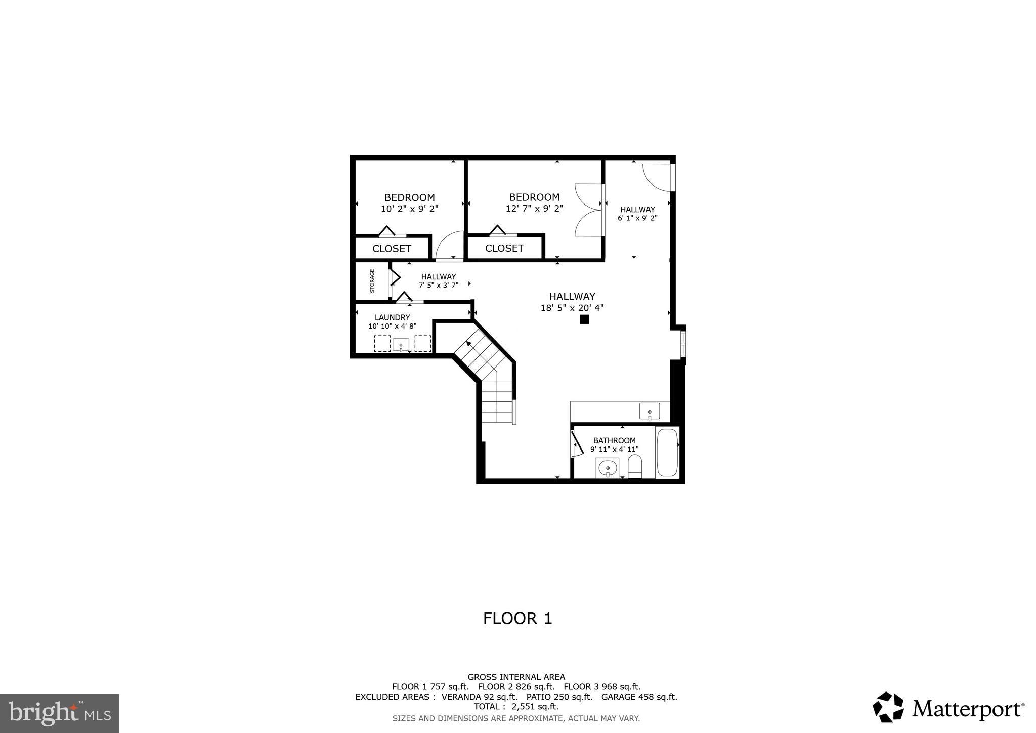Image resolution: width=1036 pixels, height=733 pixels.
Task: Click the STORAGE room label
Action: click(372, 281)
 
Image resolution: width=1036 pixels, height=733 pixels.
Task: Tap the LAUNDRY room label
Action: click(392, 317)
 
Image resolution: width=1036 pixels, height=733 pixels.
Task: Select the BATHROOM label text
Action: click(614, 440)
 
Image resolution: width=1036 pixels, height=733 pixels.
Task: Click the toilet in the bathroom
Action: click(634, 466)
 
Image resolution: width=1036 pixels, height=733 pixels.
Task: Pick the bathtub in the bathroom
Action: click(667, 452)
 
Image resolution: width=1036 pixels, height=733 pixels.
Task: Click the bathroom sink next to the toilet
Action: click(607, 468)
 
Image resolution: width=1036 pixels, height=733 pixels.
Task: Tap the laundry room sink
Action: click(401, 345)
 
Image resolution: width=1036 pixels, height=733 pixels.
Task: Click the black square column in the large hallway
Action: click(584, 319)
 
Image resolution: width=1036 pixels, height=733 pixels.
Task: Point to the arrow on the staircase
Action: click(469, 344)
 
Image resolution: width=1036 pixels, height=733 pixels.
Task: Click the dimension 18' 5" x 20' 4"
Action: click(572, 308)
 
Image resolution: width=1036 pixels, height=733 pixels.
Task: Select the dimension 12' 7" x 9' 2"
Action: click(534, 208)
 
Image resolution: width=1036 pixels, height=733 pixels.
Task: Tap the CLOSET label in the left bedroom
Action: click(392, 249)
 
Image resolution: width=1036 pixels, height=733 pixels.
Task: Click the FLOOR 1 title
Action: click(517, 618)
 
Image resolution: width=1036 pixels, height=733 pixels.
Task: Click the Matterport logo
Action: click(948, 707)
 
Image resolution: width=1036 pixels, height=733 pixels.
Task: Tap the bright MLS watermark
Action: click(59, 713)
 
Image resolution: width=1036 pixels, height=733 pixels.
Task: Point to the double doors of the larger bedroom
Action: click(589, 210)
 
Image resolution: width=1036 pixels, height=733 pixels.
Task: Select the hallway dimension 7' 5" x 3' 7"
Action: click(438, 286)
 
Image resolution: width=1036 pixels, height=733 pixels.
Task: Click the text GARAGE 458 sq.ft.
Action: click(639, 697)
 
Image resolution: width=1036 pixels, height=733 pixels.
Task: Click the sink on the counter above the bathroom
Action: click(649, 411)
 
